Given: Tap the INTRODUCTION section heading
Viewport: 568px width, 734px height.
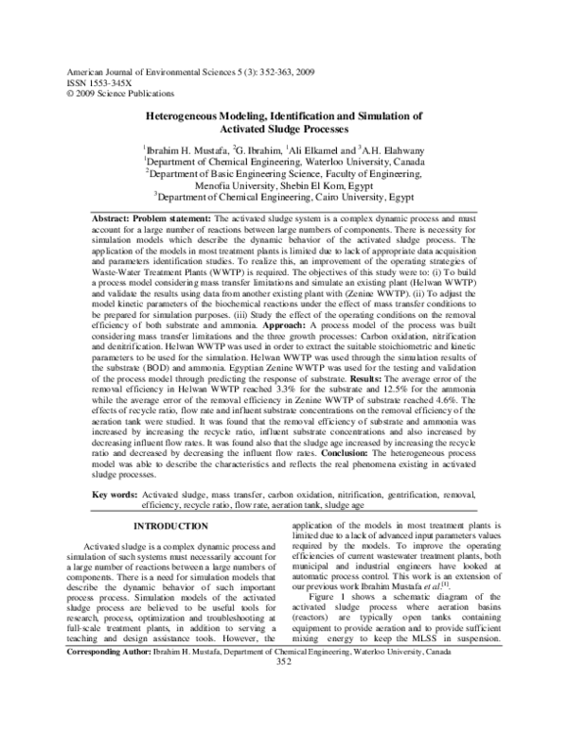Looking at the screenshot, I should point(169,525).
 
